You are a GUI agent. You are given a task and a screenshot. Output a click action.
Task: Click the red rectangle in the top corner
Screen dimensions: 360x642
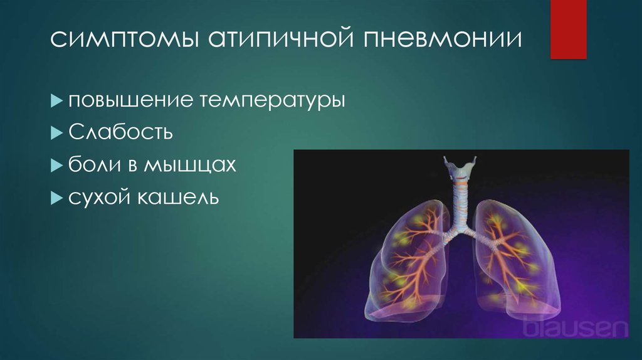(x=568, y=29)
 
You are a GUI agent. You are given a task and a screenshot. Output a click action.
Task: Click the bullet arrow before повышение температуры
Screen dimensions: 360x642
(x=56, y=100)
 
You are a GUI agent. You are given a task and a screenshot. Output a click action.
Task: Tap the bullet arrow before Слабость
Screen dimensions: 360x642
(x=56, y=133)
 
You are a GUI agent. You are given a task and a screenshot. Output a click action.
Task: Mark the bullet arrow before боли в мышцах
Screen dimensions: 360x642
(x=56, y=166)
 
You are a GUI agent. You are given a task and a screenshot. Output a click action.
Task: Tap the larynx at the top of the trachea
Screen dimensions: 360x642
(x=460, y=167)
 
